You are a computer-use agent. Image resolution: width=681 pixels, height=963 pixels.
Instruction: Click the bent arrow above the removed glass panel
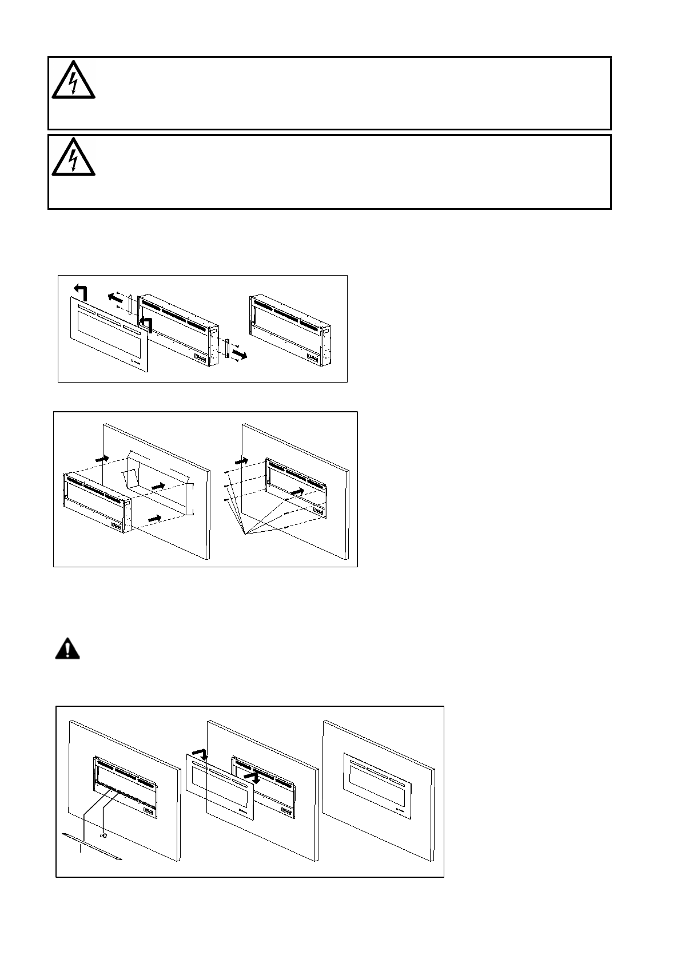(80, 291)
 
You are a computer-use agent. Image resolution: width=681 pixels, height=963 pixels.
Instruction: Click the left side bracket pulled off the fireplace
(130, 304)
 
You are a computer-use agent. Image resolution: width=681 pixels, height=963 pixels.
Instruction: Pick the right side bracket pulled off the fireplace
(227, 349)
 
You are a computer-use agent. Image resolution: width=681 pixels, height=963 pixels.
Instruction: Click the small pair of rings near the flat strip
(103, 835)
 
